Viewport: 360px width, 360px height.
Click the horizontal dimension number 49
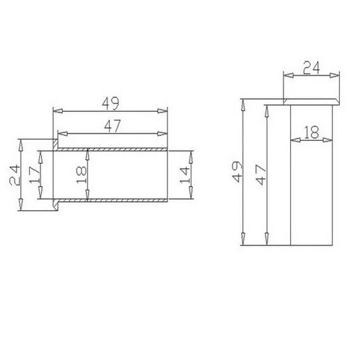click(110, 103)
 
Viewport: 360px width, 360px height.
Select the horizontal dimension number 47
click(112, 126)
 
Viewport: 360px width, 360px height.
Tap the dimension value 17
click(35, 175)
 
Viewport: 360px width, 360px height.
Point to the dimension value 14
click(184, 175)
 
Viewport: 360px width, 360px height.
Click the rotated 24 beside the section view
click(15, 175)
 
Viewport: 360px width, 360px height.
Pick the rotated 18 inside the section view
click(81, 175)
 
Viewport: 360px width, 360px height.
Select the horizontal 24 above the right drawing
click(311, 68)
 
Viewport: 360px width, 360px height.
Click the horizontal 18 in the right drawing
click(311, 132)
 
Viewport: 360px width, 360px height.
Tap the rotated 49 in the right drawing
click(237, 172)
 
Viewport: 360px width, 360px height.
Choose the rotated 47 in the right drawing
click(261, 175)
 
